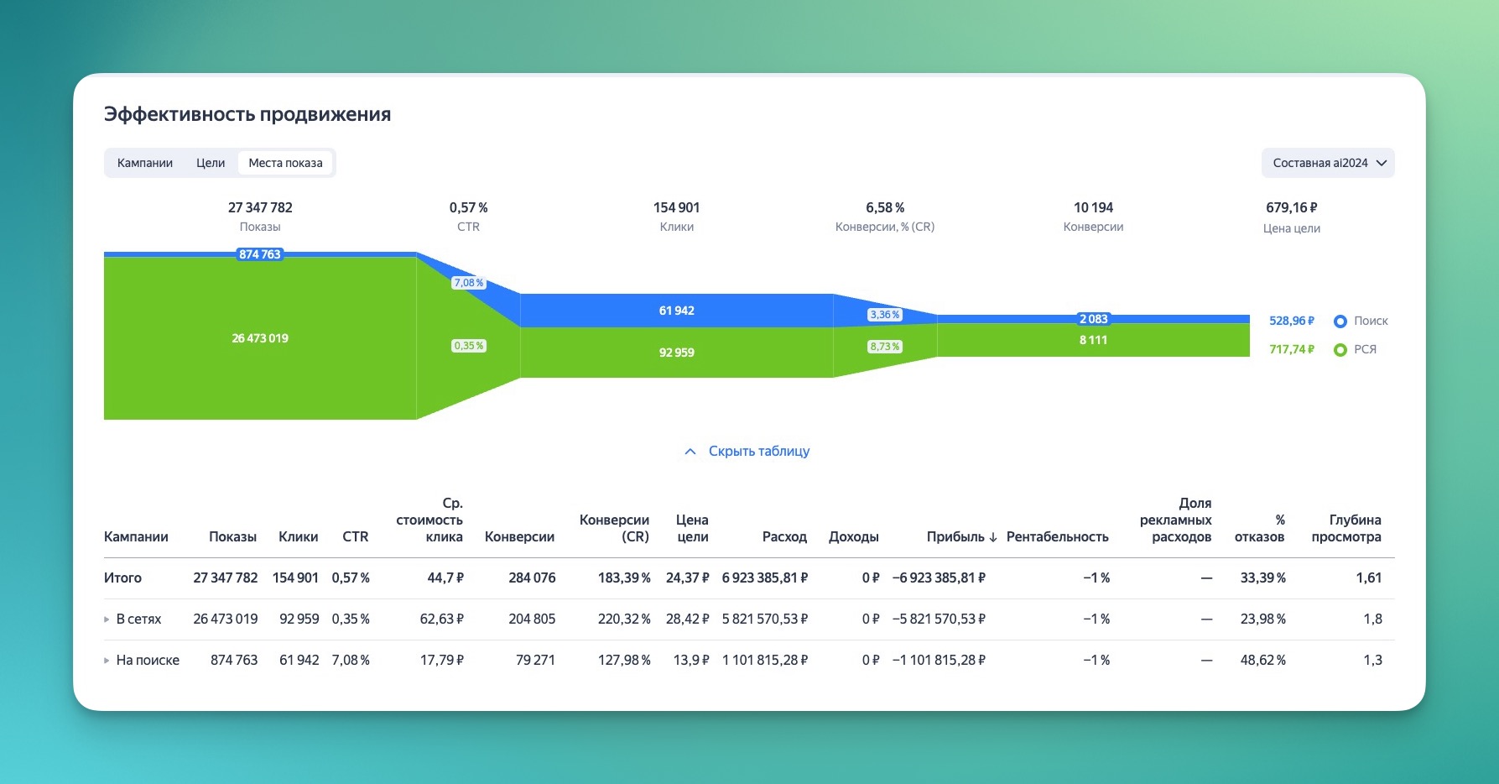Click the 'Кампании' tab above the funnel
tap(145, 163)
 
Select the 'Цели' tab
tap(211, 163)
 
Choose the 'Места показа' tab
tap(285, 163)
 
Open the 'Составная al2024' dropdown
tap(1328, 163)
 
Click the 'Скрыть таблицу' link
tap(758, 452)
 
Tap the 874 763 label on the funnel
tap(260, 254)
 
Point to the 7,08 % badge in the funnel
tap(468, 283)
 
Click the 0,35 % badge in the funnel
tap(468, 346)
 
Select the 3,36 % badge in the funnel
tap(884, 315)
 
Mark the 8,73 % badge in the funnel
tap(884, 347)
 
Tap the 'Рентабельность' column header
tap(1057, 537)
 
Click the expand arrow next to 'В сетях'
tap(107, 619)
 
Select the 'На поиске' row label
tap(148, 661)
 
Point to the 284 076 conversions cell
tap(532, 578)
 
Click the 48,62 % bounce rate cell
tap(1262, 661)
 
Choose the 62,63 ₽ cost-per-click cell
tap(441, 619)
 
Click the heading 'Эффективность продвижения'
tap(247, 115)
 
